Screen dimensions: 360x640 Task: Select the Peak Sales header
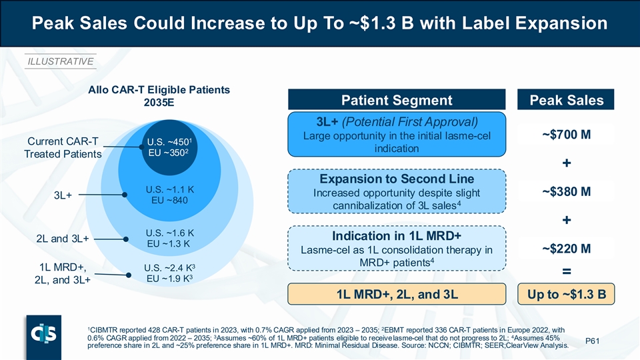567,101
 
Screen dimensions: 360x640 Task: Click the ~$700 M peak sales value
567,135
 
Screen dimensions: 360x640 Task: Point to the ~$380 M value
567,192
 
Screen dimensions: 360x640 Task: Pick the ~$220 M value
567,249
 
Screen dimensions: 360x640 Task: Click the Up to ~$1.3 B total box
567,293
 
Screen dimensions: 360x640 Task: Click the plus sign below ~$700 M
567,163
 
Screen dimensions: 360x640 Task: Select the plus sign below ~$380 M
567,220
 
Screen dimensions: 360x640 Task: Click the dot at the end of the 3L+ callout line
125,195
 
